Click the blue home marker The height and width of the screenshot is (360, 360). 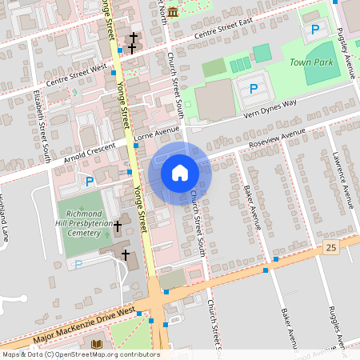(x=179, y=173)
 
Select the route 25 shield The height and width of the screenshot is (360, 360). (x=331, y=249)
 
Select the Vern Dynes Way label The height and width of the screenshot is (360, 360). (x=267, y=109)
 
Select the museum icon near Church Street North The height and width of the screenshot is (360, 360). (x=173, y=12)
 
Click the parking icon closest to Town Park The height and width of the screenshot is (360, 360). (x=315, y=30)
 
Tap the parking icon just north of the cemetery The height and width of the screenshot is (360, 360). (x=90, y=182)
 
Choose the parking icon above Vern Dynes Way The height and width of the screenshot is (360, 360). (x=254, y=88)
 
